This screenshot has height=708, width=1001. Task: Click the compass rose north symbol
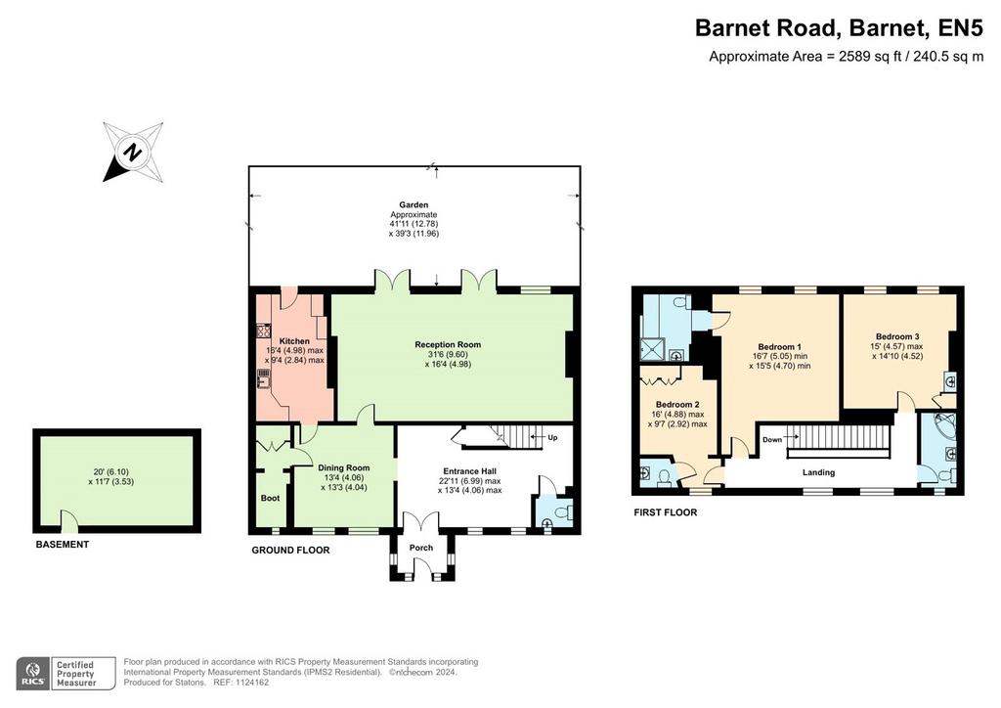tap(133, 152)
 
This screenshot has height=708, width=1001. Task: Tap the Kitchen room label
tap(294, 341)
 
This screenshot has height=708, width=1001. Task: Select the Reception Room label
tap(448, 345)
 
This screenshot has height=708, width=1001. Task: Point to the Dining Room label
tap(343, 468)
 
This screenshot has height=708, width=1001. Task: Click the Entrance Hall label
tap(469, 471)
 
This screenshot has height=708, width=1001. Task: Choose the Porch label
tap(421, 548)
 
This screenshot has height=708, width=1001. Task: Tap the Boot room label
tap(270, 498)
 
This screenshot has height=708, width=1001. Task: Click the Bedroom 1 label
tap(779, 346)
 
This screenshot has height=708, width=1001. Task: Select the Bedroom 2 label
tap(677, 405)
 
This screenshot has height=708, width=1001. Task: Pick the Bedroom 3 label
tap(897, 337)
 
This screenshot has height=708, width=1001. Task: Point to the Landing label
tap(818, 472)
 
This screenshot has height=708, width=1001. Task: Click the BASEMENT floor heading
tap(62, 545)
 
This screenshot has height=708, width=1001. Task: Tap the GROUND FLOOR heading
tap(290, 551)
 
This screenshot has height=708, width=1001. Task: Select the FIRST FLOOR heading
tap(665, 512)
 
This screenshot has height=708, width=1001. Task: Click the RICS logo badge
tap(34, 674)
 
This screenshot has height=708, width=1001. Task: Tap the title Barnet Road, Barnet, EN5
tap(839, 28)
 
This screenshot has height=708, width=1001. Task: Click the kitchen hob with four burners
tap(264, 331)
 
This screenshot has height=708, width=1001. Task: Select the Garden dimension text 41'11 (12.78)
tap(413, 224)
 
